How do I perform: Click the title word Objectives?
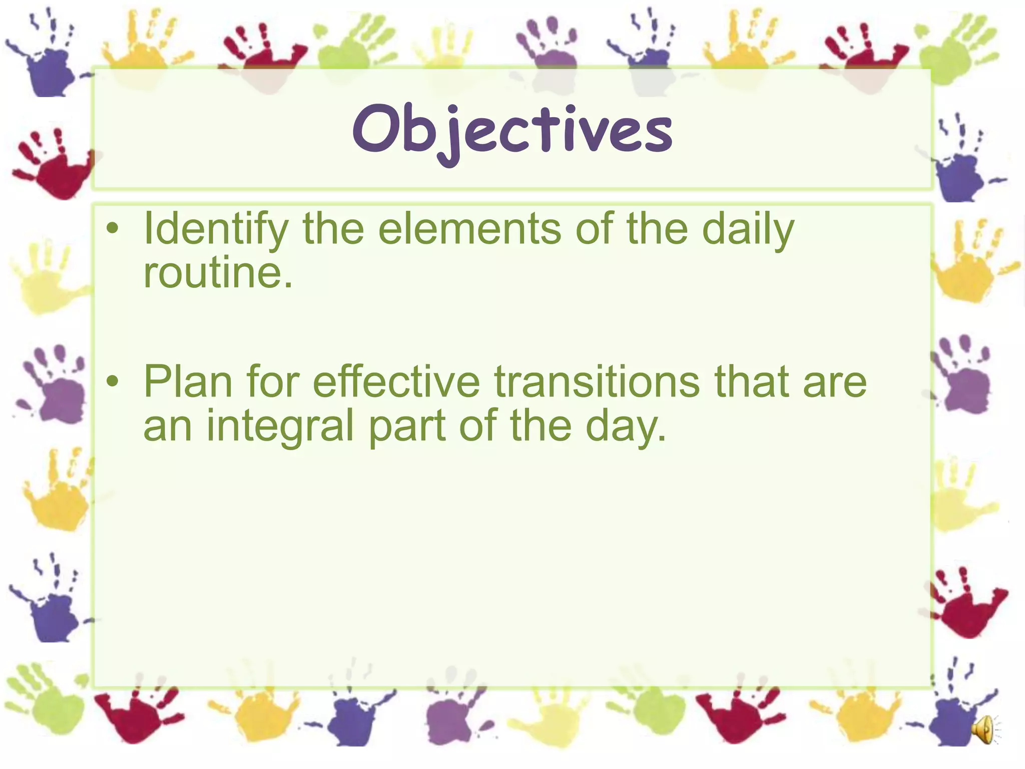[x=512, y=131]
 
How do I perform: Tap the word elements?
[x=469, y=229]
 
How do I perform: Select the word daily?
[x=748, y=229]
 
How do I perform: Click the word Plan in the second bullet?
[x=188, y=382]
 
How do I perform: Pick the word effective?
[x=396, y=382]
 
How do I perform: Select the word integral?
[x=280, y=426]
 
